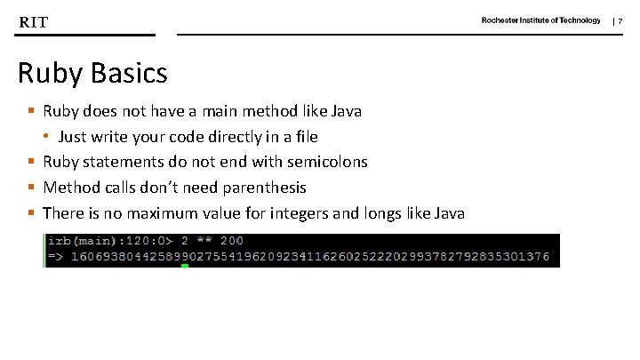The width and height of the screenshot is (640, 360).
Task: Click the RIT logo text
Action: tap(34, 21)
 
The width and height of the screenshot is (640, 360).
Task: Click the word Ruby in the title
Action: tap(50, 73)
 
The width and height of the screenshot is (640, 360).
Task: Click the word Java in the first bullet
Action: tap(346, 112)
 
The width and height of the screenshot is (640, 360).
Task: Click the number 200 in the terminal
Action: tap(230, 241)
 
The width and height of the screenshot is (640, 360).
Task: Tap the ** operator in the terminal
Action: tap(200, 241)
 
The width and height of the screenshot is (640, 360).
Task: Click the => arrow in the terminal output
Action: tap(55, 257)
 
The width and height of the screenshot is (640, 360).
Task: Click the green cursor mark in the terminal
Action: tap(185, 265)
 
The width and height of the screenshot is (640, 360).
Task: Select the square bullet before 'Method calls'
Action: tap(31, 188)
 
